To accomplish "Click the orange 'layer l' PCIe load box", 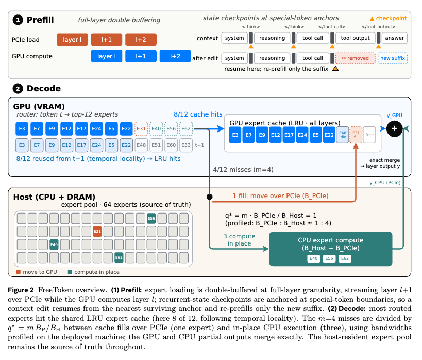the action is click(x=72, y=40).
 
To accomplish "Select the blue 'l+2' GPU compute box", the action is click(x=175, y=56).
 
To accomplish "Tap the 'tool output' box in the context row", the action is click(x=355, y=38).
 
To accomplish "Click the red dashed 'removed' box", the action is click(x=355, y=58).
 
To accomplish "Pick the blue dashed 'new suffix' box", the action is click(x=393, y=58).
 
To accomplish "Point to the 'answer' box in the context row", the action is click(x=394, y=38).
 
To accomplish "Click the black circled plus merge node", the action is click(x=394, y=128).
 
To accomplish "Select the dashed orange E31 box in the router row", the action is click(x=141, y=129).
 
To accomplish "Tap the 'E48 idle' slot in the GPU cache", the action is click(x=343, y=135).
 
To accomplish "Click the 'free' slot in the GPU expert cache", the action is click(x=369, y=135).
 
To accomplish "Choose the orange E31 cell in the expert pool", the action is click(x=97, y=231).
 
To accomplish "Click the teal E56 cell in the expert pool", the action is click(x=151, y=218).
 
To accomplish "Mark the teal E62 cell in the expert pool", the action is click(x=119, y=257).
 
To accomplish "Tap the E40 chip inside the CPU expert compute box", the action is click(x=314, y=259).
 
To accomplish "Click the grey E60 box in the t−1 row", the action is click(x=171, y=145).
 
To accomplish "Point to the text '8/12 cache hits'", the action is click(x=198, y=114).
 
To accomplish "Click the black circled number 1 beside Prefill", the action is click(x=18, y=20).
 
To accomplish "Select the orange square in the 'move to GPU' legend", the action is click(x=19, y=272).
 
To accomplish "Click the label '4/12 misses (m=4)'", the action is click(x=243, y=170).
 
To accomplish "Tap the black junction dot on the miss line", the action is click(x=209, y=197).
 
